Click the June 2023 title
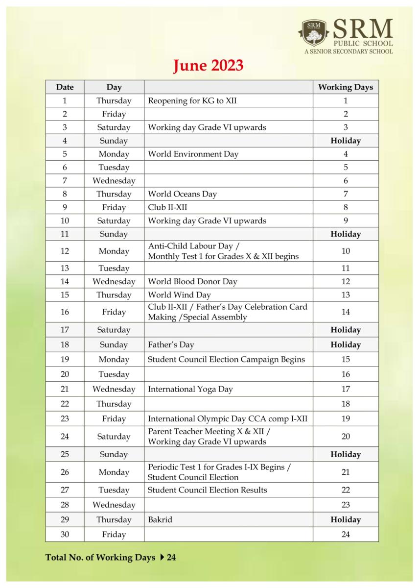(208, 66)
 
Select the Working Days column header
(345, 87)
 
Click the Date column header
(65, 87)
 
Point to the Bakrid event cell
(160, 519)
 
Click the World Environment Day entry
(193, 154)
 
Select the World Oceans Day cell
(182, 194)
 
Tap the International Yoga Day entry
(190, 389)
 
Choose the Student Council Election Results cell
(207, 490)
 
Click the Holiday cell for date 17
(345, 330)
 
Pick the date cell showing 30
(65, 535)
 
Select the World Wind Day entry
(179, 294)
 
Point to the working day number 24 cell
(345, 535)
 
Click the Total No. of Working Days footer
(110, 557)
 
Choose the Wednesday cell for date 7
(114, 181)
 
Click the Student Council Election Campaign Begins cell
(226, 359)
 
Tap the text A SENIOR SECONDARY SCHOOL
(348, 51)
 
